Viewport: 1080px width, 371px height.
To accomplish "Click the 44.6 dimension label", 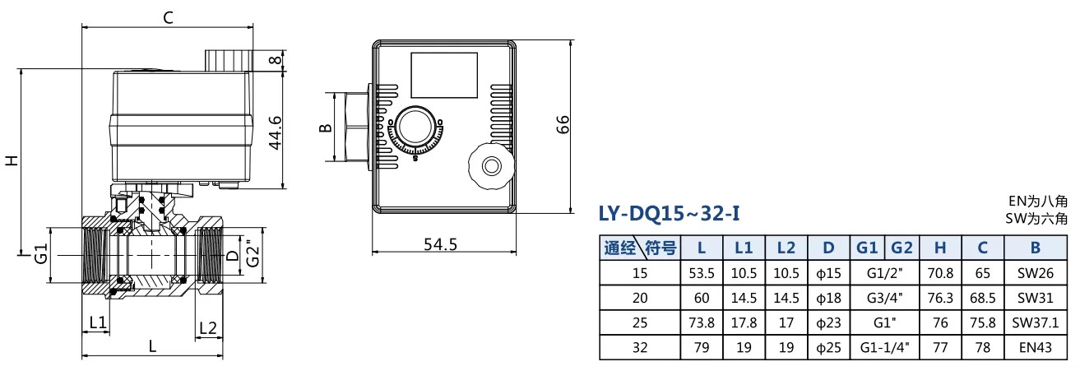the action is tap(275, 132).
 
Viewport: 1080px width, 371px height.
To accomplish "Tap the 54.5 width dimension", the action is tap(440, 244).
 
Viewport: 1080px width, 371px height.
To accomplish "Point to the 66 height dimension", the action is tap(562, 124).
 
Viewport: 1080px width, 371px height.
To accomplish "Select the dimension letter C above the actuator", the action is tap(168, 18).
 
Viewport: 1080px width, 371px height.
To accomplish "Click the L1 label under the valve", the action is tap(98, 322).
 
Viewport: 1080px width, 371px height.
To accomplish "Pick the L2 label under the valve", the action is tap(208, 328).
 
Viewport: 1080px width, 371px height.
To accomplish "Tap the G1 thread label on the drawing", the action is tap(41, 253).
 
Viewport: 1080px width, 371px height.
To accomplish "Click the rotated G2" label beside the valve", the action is tap(253, 253).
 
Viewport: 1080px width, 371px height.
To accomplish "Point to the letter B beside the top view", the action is tap(326, 128).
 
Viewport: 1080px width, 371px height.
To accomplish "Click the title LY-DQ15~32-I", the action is tap(670, 213).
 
